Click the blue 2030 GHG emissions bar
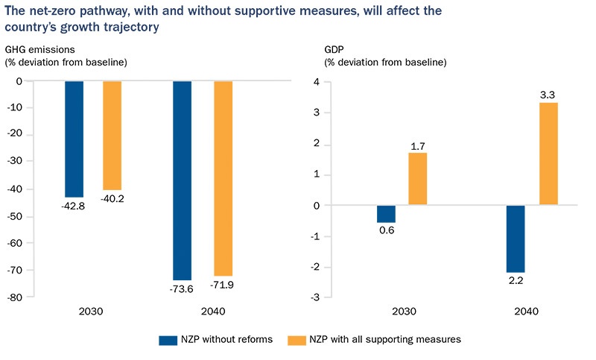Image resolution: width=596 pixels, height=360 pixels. (x=74, y=139)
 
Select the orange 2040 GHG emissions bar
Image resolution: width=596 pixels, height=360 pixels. (x=223, y=178)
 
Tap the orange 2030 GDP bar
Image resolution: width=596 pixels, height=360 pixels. (x=417, y=179)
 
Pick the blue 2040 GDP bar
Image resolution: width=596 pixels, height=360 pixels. (x=516, y=239)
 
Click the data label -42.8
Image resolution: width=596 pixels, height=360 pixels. (x=74, y=206)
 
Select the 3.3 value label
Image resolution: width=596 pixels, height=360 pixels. (x=549, y=95)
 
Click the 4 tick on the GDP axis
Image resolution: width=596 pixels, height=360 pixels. (x=316, y=82)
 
